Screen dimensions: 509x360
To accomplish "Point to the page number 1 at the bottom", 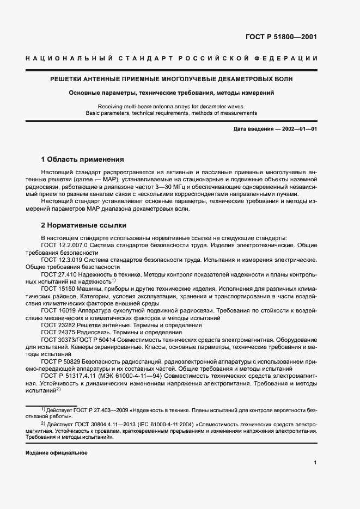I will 315,463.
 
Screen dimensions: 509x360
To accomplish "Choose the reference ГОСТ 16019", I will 59,310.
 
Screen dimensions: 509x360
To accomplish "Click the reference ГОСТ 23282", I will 59,324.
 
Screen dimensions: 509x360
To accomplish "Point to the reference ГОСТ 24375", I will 59,332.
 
